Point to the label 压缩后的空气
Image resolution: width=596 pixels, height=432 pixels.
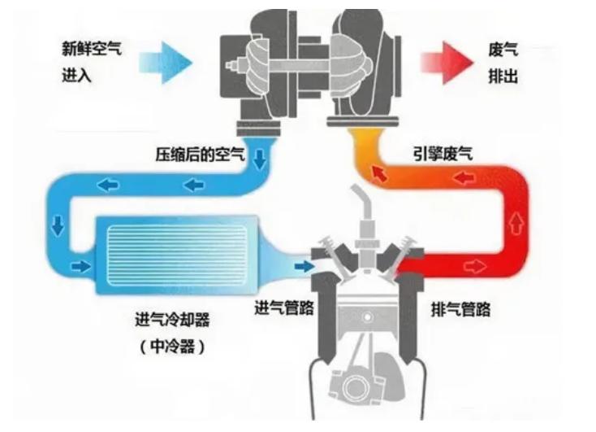click(199, 154)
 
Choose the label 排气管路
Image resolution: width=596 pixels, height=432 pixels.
click(460, 310)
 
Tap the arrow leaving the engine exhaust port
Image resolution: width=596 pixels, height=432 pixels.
click(476, 266)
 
